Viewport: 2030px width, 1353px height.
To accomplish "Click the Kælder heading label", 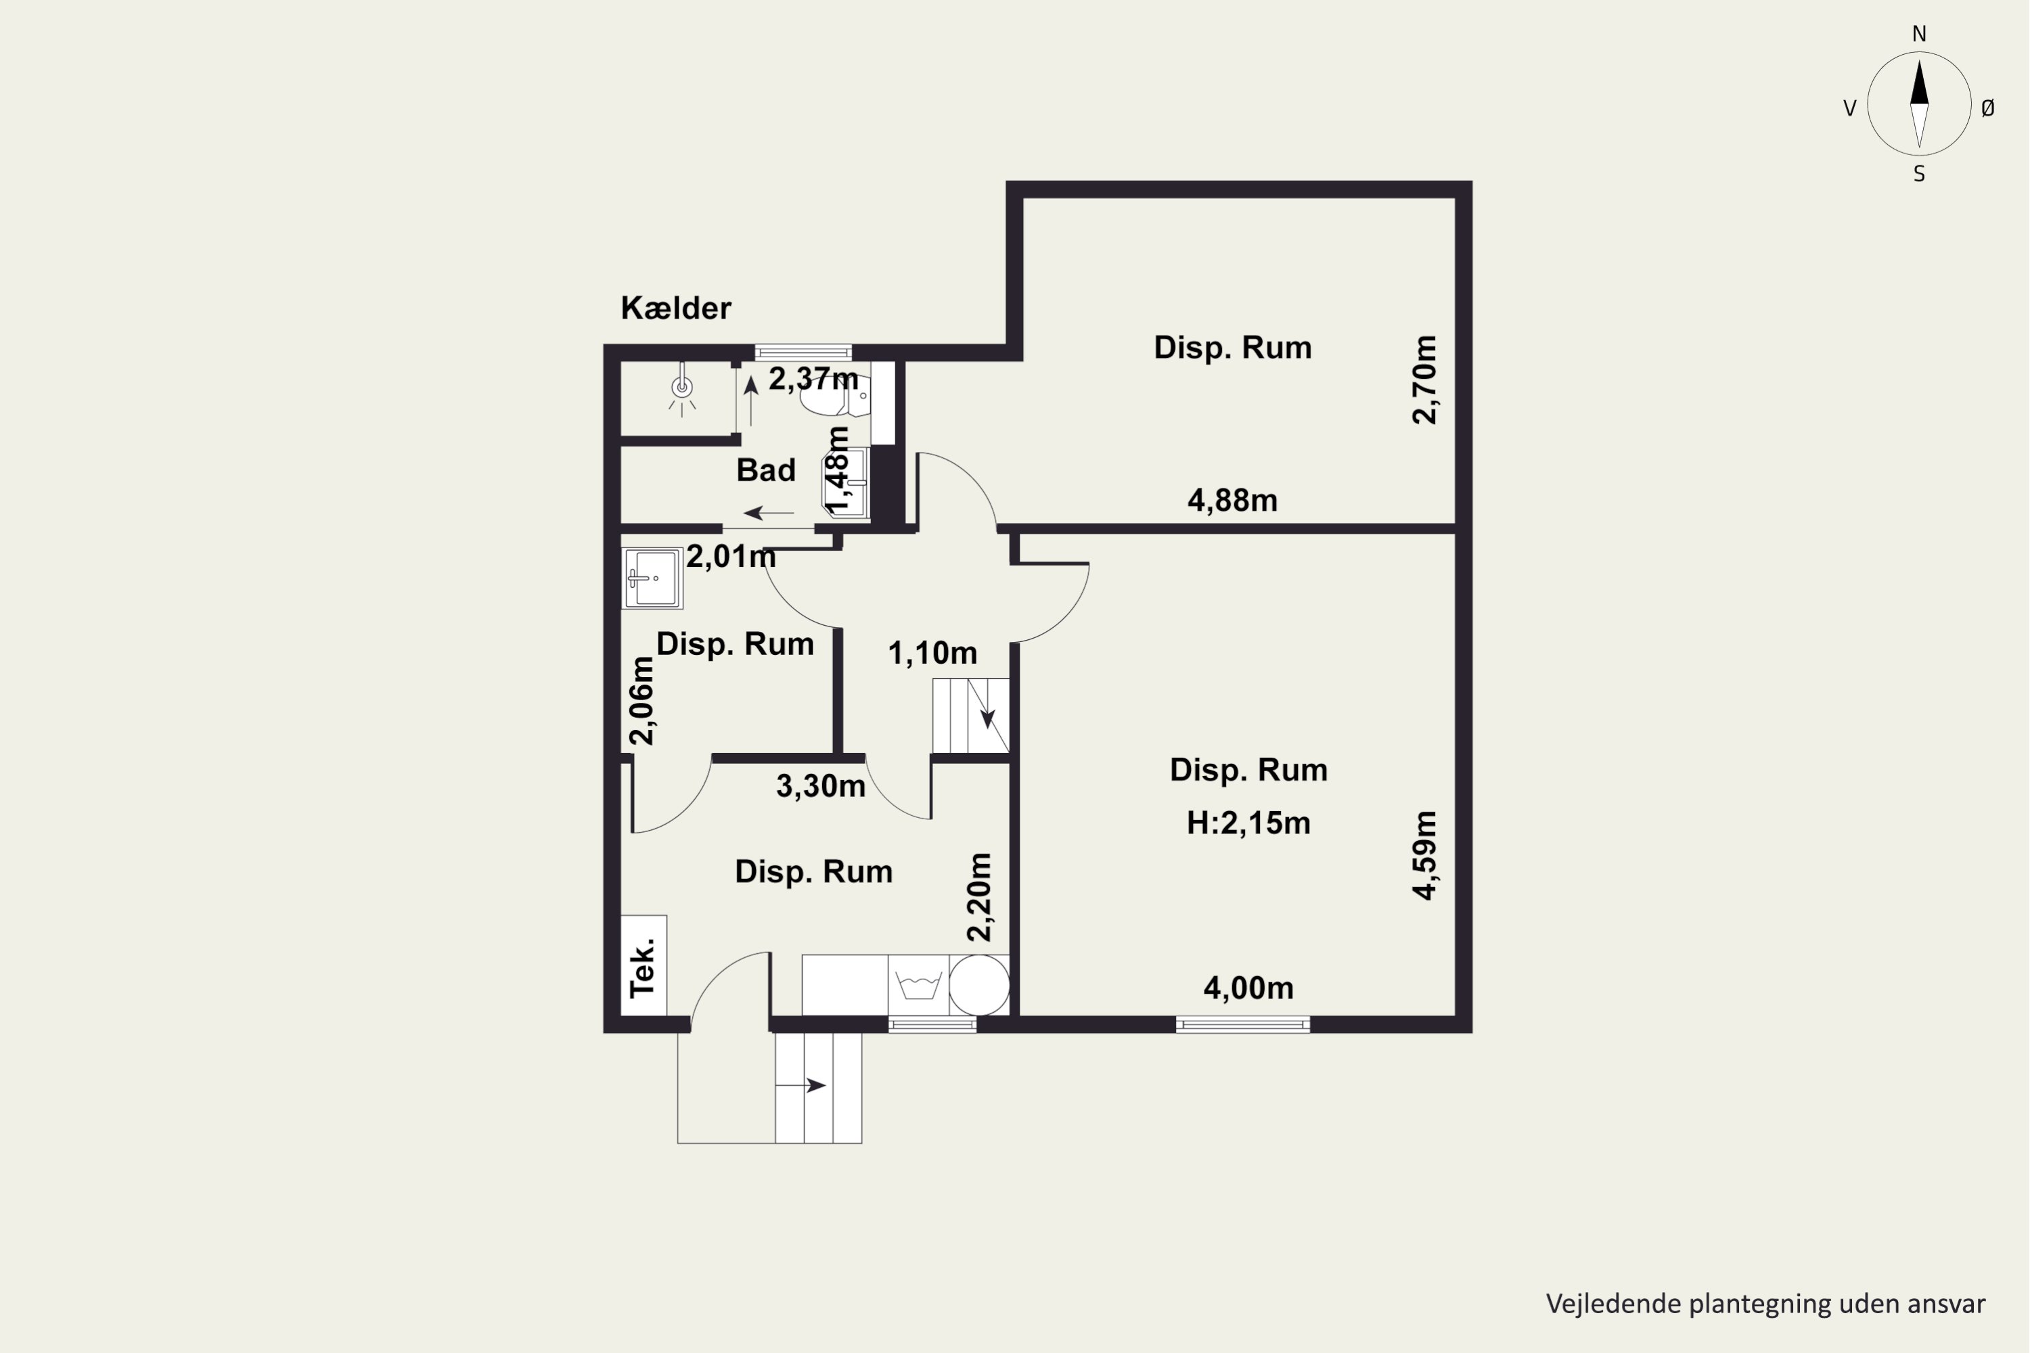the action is pos(676,308).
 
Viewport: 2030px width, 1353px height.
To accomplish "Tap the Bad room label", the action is pos(765,470).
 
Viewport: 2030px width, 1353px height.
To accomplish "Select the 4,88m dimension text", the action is pos(1232,501).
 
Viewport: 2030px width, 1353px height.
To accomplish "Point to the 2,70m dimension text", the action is pos(1424,380).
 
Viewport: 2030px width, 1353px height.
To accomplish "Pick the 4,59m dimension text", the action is pos(1424,855).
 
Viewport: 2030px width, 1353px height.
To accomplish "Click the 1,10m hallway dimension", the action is pos(932,653).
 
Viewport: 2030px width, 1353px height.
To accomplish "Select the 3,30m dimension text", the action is pos(820,786).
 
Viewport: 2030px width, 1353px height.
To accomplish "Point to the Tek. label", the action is pos(643,968).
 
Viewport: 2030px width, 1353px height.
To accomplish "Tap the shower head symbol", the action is pos(682,388).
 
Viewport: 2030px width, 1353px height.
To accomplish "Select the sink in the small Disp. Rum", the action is pos(652,578).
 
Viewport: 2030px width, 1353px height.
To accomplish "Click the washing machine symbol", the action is pos(918,984).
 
